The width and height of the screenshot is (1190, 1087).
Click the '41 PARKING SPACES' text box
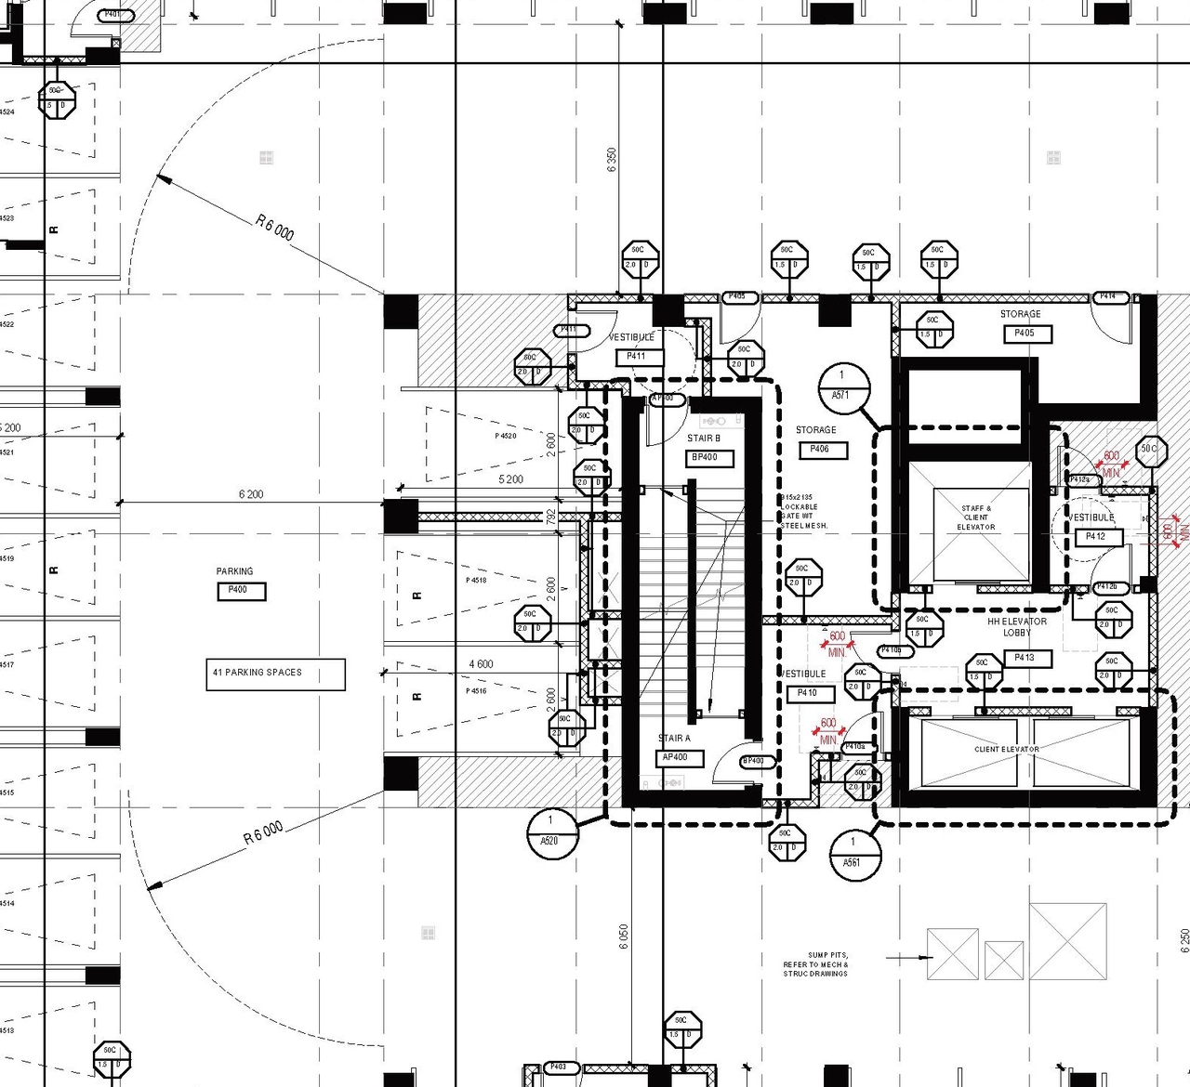[x=274, y=674]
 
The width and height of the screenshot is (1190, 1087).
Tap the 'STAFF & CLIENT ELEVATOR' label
[x=975, y=517]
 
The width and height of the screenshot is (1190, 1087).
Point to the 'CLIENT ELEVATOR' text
[x=1007, y=749]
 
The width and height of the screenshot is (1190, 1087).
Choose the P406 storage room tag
[x=823, y=450]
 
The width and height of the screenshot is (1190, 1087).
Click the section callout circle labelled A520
[x=551, y=832]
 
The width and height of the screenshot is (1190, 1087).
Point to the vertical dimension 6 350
[x=611, y=161]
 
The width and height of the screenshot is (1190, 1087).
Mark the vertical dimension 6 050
[x=623, y=935]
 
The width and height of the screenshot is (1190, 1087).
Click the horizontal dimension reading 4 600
[x=481, y=664]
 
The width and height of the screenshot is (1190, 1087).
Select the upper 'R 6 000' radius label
[x=274, y=227]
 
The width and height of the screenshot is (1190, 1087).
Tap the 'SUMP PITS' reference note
[x=815, y=964]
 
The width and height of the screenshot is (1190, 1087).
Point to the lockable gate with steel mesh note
[x=803, y=512]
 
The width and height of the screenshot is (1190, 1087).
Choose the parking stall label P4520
[x=505, y=436]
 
